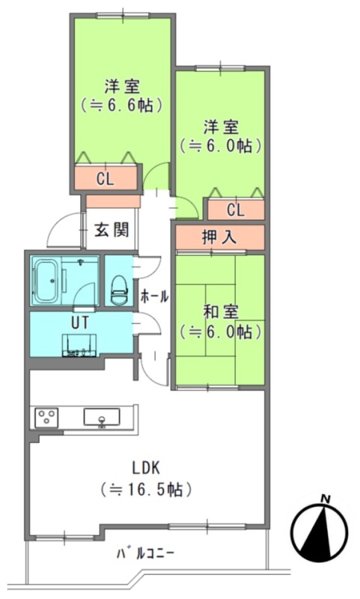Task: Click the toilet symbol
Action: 119,290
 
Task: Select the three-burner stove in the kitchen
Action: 46,418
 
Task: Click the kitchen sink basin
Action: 102,417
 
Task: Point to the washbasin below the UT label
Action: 79,345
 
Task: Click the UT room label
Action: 80,323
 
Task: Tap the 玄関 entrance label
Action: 112,230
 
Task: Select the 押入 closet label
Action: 219,237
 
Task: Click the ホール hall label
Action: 154,296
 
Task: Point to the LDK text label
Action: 145,467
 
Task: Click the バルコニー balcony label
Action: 145,553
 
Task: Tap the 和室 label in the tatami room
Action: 221,312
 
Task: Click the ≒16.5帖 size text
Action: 146,490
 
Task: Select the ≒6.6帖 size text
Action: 122,105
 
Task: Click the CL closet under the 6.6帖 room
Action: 106,178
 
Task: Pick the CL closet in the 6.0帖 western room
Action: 236,210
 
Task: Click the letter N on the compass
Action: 326,499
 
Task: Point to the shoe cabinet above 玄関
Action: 113,201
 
